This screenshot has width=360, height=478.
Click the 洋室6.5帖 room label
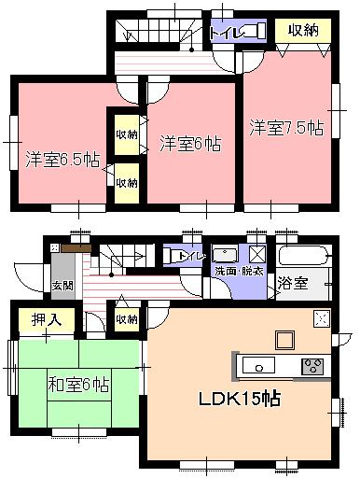(62, 158)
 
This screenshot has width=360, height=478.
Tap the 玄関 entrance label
(62, 285)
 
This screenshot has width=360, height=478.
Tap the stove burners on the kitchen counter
(312, 364)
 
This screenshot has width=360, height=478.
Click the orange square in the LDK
(284, 337)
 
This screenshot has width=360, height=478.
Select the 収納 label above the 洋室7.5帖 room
(303, 31)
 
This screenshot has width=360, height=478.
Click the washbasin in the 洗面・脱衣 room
(224, 254)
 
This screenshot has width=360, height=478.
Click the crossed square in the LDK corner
(323, 319)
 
